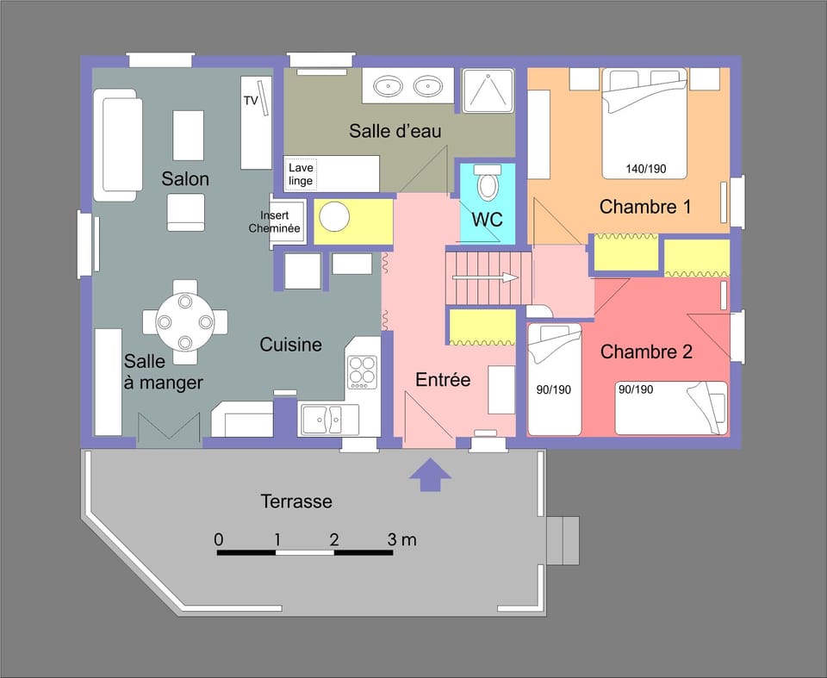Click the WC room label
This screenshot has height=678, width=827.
(x=487, y=220)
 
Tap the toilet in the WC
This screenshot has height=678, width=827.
(x=488, y=183)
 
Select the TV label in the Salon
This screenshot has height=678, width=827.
(x=251, y=101)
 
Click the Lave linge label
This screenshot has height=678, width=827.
(x=301, y=175)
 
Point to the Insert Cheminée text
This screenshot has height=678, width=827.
(x=274, y=221)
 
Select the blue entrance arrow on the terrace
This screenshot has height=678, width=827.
(x=429, y=475)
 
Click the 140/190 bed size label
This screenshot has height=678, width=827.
(x=646, y=169)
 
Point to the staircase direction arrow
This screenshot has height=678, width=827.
(x=486, y=277)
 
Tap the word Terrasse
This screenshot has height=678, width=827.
(x=296, y=501)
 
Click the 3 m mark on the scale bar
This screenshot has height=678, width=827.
(x=401, y=540)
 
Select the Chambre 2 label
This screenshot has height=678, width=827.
(x=646, y=351)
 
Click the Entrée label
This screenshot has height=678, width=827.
(x=443, y=379)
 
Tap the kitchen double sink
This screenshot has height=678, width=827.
(x=331, y=420)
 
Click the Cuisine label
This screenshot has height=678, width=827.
(x=291, y=345)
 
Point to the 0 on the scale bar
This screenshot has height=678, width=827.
(x=219, y=540)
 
